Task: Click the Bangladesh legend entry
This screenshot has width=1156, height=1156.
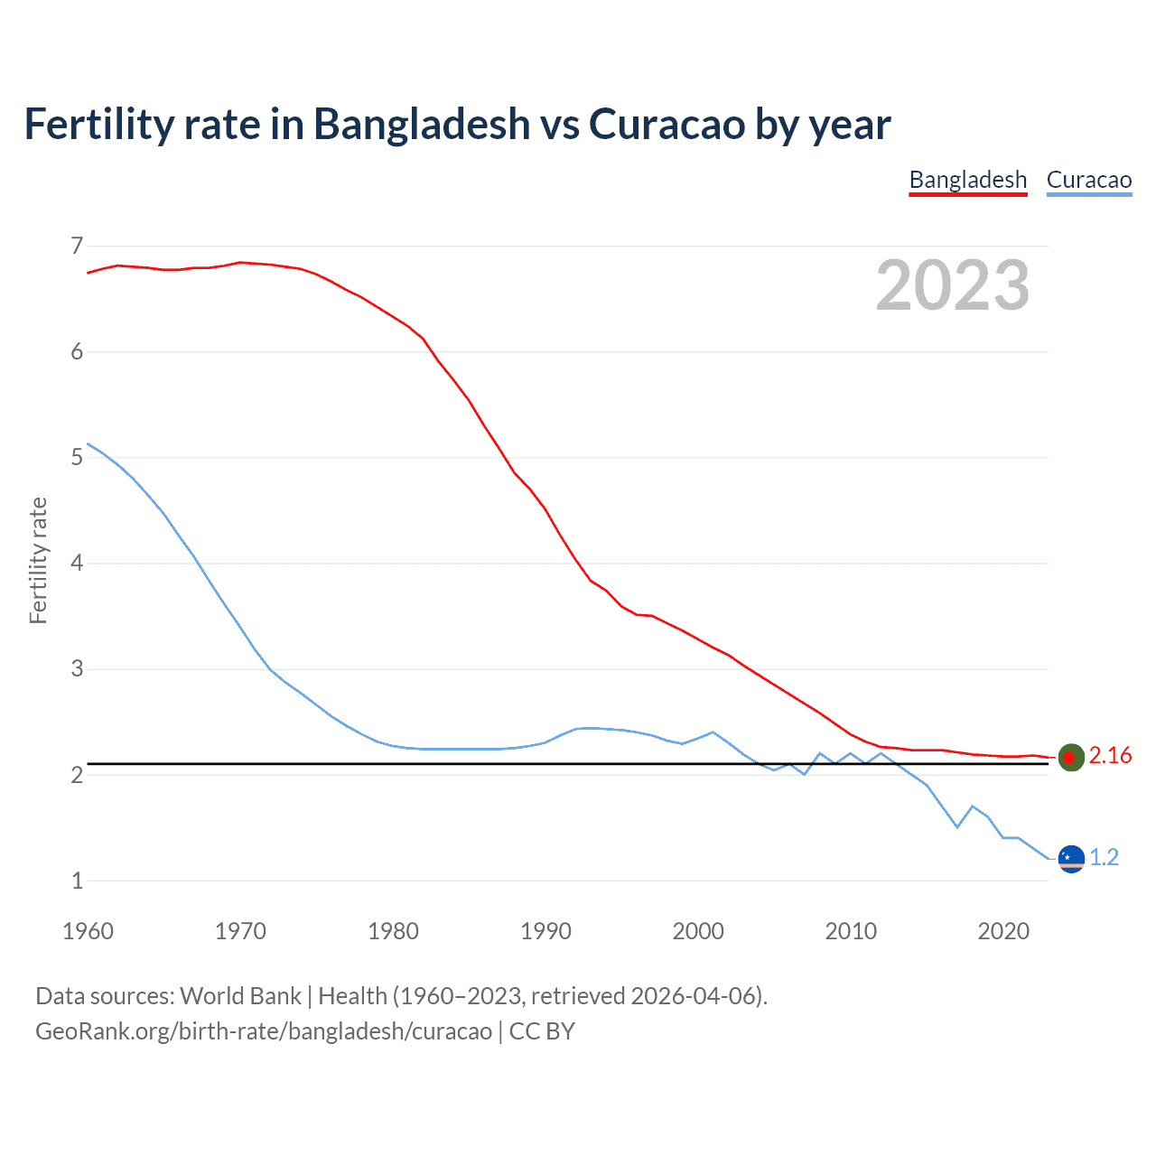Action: tap(967, 180)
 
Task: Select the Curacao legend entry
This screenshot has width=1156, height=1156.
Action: tap(1088, 180)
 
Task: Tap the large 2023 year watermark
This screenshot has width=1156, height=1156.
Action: tap(952, 285)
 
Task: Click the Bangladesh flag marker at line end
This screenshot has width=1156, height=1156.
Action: tap(1071, 757)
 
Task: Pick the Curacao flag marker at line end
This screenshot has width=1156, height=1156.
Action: tap(1071, 858)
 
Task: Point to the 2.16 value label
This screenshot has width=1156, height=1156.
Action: tap(1110, 756)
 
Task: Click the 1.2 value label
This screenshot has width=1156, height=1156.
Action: tap(1104, 857)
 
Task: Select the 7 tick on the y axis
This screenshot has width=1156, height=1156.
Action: tap(77, 246)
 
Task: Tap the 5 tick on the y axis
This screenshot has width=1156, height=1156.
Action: tap(77, 457)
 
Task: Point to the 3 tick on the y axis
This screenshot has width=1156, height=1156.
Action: tap(77, 669)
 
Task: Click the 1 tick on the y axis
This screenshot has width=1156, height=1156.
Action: tap(77, 881)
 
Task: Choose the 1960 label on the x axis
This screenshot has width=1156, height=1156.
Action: tap(88, 931)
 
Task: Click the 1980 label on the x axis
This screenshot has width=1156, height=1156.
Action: tap(393, 931)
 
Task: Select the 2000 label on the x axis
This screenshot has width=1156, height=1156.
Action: tap(698, 931)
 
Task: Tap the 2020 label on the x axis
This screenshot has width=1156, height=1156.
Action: tap(1003, 931)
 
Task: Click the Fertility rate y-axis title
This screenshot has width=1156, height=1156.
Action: tap(38, 560)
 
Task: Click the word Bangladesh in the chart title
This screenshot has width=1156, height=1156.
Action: tap(422, 124)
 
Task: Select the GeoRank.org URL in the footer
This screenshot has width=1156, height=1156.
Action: tap(264, 1031)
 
